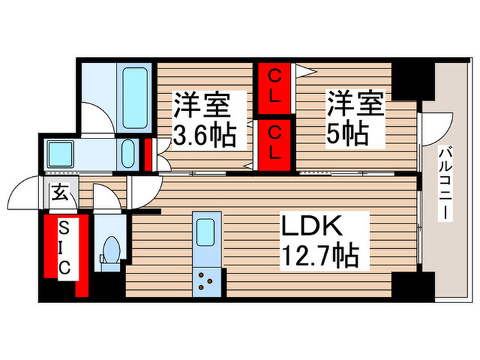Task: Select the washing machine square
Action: click(x=60, y=154)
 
